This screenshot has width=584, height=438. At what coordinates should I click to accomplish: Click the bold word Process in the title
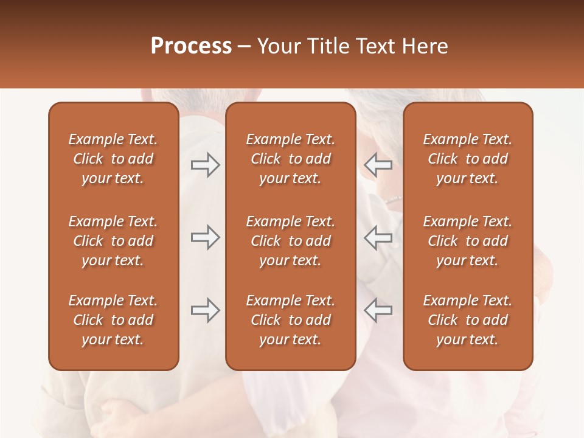pyautogui.click(x=191, y=46)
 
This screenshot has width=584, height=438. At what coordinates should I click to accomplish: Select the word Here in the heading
pyautogui.click(x=424, y=46)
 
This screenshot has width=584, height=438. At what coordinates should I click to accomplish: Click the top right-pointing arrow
pyautogui.click(x=205, y=165)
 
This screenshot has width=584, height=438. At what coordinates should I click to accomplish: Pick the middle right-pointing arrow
pyautogui.click(x=205, y=237)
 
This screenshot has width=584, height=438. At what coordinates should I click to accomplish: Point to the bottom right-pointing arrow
pyautogui.click(x=205, y=310)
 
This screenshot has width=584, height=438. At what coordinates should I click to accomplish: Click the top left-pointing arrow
pyautogui.click(x=378, y=165)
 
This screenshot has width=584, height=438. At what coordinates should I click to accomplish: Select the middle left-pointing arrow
pyautogui.click(x=378, y=237)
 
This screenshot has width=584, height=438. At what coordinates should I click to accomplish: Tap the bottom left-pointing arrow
pyautogui.click(x=378, y=310)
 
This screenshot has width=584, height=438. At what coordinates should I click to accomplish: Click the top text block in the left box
pyautogui.click(x=113, y=159)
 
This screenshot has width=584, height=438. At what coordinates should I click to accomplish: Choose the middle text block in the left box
pyautogui.click(x=113, y=241)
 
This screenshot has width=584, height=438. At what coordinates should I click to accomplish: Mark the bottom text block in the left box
pyautogui.click(x=113, y=320)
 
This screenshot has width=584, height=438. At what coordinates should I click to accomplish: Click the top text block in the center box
pyautogui.click(x=290, y=159)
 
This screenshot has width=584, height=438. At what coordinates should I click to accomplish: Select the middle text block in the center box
pyautogui.click(x=290, y=241)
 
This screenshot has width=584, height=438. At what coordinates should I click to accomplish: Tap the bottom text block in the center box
pyautogui.click(x=290, y=320)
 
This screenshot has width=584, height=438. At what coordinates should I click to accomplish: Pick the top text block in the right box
pyautogui.click(x=467, y=159)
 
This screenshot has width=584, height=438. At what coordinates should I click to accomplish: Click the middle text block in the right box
pyautogui.click(x=467, y=241)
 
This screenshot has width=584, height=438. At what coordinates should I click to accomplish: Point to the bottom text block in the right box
pyautogui.click(x=467, y=320)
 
